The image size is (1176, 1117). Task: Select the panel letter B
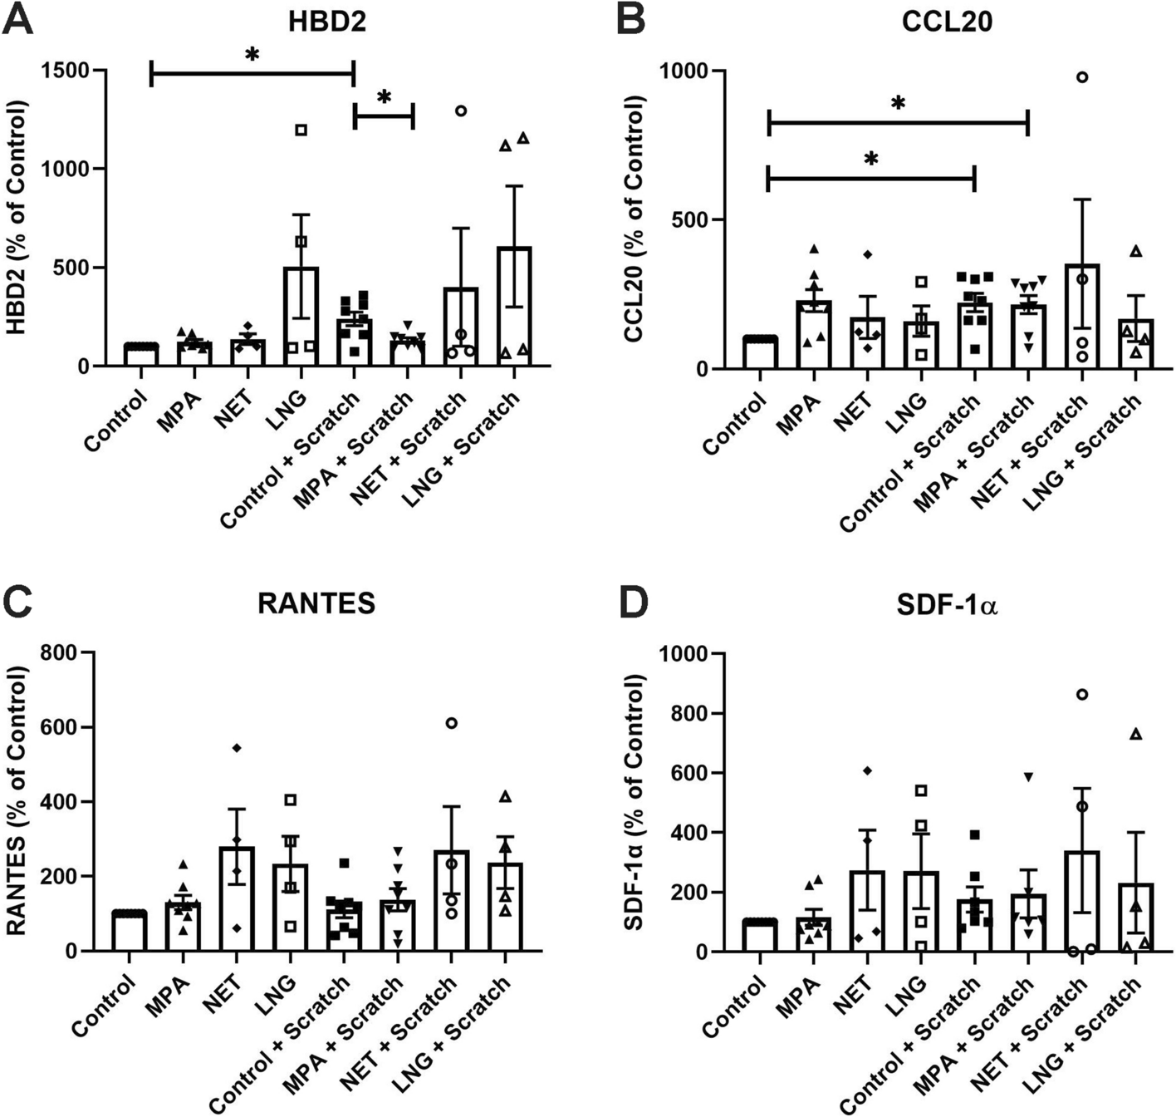tap(633, 21)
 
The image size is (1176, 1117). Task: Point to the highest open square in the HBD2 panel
tap(301, 130)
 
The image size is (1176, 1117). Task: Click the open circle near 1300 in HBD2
tap(460, 111)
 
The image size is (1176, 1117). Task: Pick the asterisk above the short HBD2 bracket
tap(384, 97)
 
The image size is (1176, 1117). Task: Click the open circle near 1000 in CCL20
tap(1082, 77)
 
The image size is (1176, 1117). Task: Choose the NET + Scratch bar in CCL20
tap(1082, 317)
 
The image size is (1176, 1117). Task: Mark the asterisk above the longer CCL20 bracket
tap(898, 103)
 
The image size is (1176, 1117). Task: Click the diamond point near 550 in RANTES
tap(237, 748)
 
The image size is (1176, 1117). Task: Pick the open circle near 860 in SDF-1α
tap(1082, 695)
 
